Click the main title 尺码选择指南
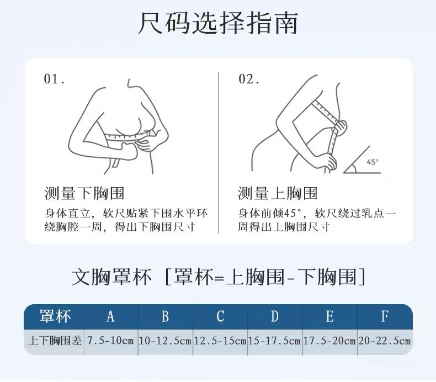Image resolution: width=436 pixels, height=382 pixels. point(218,23)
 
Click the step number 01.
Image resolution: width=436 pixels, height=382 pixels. point(54,79)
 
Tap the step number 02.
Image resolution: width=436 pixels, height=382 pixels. point(249,79)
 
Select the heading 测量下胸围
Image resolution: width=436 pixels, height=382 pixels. point(84,193)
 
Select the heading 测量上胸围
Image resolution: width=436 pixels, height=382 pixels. point(278,193)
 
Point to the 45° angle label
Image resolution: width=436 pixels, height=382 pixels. point(373,162)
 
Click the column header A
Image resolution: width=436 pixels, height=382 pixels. point(111,316)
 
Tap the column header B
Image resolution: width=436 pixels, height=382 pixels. point(165,316)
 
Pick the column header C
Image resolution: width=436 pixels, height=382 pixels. point(220,316)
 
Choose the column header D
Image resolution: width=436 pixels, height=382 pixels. point(275,316)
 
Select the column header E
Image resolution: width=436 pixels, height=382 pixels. point(330,316)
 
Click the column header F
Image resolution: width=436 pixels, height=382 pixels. point(385,316)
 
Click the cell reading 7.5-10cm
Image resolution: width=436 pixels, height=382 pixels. point(111,341)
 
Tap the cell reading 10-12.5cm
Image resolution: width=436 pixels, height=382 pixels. point(165,341)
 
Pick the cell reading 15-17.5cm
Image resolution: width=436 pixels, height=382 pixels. point(275,341)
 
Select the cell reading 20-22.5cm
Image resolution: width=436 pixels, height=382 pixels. point(385,341)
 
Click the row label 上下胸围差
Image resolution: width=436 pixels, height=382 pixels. point(55,341)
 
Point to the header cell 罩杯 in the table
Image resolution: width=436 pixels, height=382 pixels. point(55,316)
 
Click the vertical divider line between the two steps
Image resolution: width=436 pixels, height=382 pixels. point(219,152)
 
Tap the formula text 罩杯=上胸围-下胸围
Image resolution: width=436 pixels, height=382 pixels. point(265,277)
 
